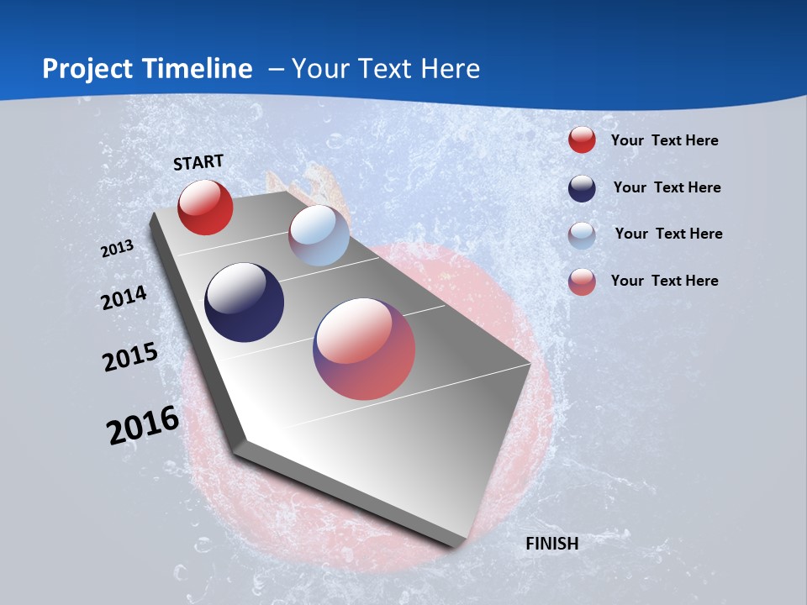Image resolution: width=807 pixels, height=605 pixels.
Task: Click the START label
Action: coord(198,162)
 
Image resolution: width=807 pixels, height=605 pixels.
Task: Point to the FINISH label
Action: coord(552,544)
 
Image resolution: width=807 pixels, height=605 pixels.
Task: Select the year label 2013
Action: coord(117,249)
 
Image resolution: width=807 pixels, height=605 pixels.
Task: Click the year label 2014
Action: coord(124,297)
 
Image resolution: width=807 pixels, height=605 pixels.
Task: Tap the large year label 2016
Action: coord(143,425)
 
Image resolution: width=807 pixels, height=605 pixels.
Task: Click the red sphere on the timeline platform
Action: coord(205,207)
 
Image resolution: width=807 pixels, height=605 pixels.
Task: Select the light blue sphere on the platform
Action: coord(319,235)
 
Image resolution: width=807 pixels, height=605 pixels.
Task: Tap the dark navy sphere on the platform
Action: coord(244,302)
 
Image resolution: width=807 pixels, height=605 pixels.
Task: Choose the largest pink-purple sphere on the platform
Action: coord(364,349)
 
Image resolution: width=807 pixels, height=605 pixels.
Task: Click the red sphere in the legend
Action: coord(582,139)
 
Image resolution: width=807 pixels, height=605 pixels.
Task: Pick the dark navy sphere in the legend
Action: coord(582,188)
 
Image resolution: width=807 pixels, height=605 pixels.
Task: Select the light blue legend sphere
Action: coord(582,235)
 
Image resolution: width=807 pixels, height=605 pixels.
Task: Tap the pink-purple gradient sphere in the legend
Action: coord(582,281)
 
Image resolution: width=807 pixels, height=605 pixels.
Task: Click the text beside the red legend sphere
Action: coord(664,140)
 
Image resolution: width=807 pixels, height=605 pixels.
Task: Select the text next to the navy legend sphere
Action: coord(667,187)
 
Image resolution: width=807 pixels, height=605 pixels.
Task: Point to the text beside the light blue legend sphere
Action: coord(668,234)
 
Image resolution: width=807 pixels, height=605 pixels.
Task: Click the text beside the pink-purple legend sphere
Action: coord(664,281)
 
